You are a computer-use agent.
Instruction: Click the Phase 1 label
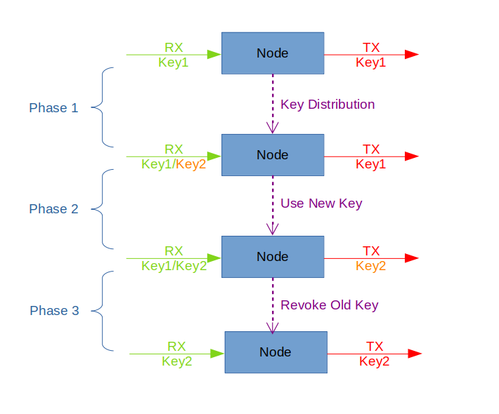[53, 108]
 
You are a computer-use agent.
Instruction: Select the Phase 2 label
[53, 209]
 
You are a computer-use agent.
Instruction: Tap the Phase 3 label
[54, 311]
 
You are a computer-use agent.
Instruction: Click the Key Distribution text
[328, 105]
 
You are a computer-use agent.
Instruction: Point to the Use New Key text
[321, 203]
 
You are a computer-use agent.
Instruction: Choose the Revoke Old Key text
[329, 305]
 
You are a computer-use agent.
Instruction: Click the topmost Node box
[273, 53]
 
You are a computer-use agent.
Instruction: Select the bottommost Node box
[276, 352]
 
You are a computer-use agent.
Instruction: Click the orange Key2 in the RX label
[191, 165]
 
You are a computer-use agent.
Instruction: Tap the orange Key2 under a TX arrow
[371, 266]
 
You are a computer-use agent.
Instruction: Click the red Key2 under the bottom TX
[374, 362]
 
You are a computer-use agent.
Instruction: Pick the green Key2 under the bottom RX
[176, 362]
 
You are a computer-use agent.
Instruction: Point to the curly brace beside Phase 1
[103, 107]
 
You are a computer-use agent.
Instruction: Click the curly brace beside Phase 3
[103, 311]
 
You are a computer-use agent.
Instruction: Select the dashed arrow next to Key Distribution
[273, 104]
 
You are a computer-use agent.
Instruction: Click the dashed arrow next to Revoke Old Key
[273, 305]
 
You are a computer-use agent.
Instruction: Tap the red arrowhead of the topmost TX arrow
[412, 55]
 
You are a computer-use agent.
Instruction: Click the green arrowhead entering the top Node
[214, 54]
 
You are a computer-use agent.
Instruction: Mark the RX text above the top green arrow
[174, 47]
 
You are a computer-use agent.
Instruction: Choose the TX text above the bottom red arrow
[374, 346]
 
